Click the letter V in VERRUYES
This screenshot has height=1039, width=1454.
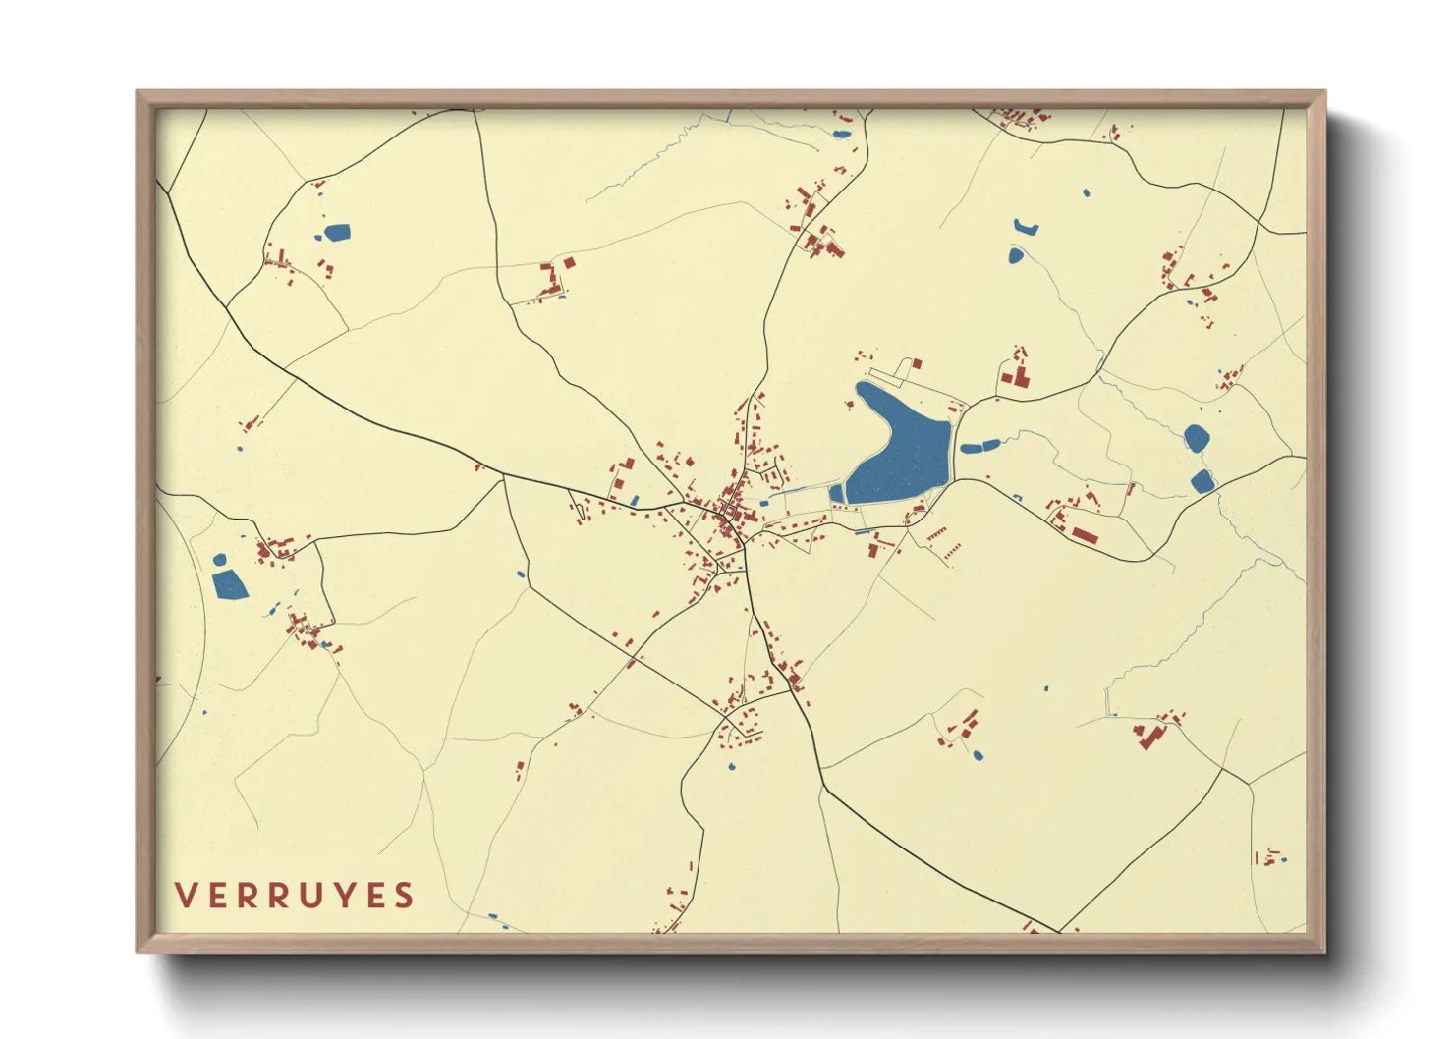coord(184,896)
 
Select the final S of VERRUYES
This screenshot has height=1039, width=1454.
coord(405,896)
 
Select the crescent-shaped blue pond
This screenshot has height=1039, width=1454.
coord(1025,228)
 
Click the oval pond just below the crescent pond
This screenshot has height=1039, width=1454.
coord(1015,255)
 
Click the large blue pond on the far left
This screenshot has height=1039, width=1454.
coord(229,584)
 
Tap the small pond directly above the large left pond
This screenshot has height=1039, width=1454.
coord(220,560)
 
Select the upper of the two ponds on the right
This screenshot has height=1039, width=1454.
coord(1196,437)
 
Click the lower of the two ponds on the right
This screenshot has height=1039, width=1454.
coord(1202,481)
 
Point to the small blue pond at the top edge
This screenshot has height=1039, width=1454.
coord(841,134)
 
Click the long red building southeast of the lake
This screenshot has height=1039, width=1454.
coord(1084,534)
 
